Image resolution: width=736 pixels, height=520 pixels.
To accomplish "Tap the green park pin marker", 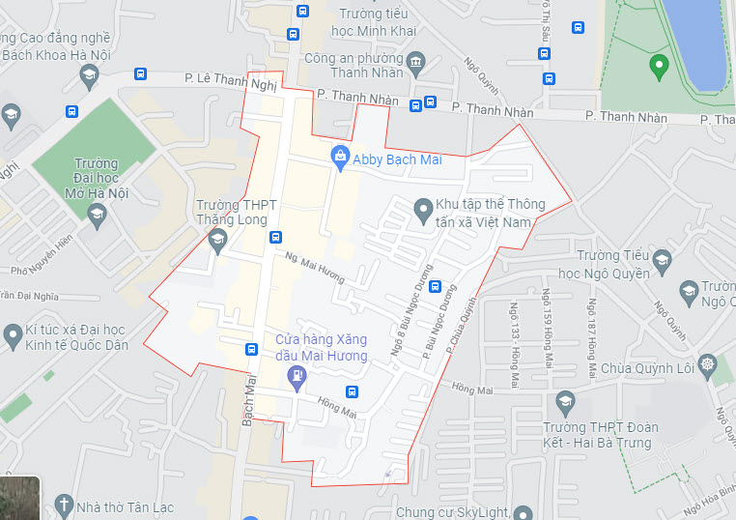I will point(660,68).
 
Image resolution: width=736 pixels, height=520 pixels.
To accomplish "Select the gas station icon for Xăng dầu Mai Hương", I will point(297,382).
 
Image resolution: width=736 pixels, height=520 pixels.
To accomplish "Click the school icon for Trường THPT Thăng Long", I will point(217,238).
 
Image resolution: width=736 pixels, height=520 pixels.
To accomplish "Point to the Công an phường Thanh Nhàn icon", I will point(416,63).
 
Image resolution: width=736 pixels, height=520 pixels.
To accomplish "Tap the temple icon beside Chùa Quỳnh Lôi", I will point(708,365).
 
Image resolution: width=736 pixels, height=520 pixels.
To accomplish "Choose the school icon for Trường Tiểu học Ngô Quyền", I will point(662,259).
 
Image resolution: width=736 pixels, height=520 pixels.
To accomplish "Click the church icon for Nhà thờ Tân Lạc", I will point(64,504).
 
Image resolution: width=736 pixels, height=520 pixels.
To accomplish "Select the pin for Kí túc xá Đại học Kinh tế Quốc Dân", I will point(13,335).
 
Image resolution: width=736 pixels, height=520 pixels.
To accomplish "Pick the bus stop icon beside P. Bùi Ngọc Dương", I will point(435,286).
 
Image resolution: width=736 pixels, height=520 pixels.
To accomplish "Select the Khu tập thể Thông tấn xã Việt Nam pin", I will point(422,208).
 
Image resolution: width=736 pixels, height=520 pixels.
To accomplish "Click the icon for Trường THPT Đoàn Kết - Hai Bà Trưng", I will point(565,401).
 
